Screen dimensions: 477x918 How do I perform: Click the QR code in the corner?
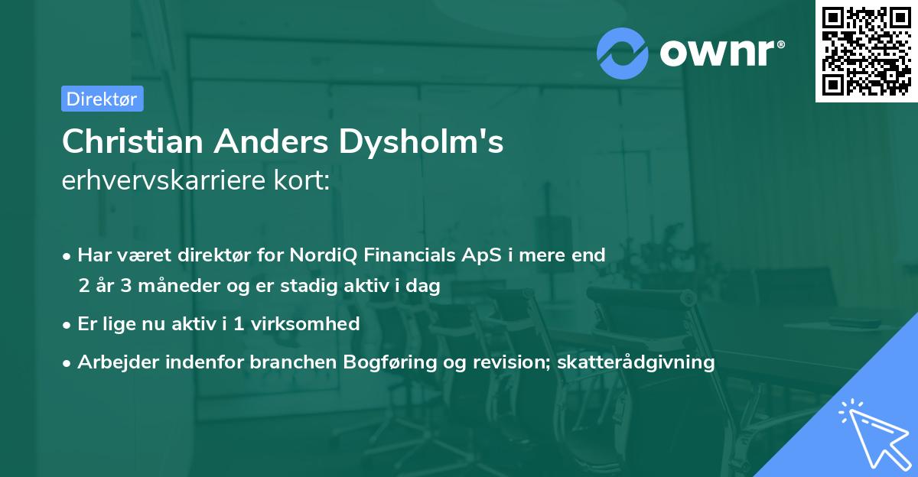click(866, 50)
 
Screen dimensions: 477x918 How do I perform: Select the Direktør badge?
click(102, 99)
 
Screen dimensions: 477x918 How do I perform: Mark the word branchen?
click(284, 362)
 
